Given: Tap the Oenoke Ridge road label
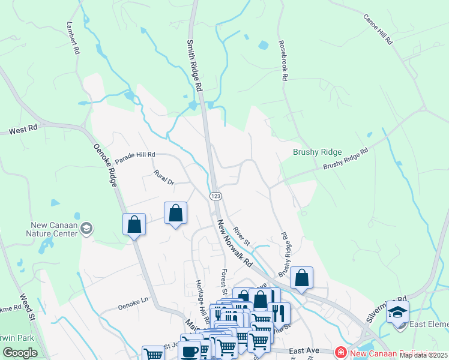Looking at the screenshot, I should pyautogui.click(x=104, y=166).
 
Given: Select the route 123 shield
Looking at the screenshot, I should pyautogui.click(x=216, y=196).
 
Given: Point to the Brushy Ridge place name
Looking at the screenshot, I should pyautogui.click(x=317, y=152).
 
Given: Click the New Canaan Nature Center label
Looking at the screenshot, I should pyautogui.click(x=55, y=229).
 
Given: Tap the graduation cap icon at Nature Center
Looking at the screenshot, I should pyautogui.click(x=87, y=228).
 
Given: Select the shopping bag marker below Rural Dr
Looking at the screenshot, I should pyautogui.click(x=175, y=213).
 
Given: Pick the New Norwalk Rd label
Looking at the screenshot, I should pyautogui.click(x=235, y=244).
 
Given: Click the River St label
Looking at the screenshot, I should pyautogui.click(x=242, y=236).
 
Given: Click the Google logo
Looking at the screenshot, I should pyautogui.click(x=20, y=353).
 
